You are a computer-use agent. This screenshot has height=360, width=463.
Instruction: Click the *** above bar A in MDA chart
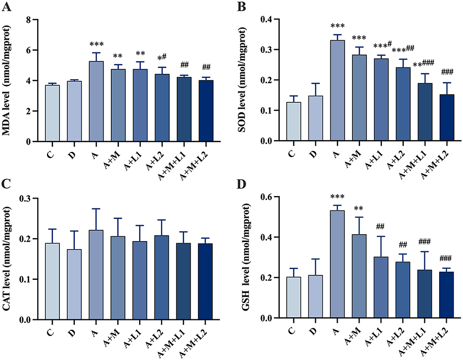[x=96, y=44]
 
